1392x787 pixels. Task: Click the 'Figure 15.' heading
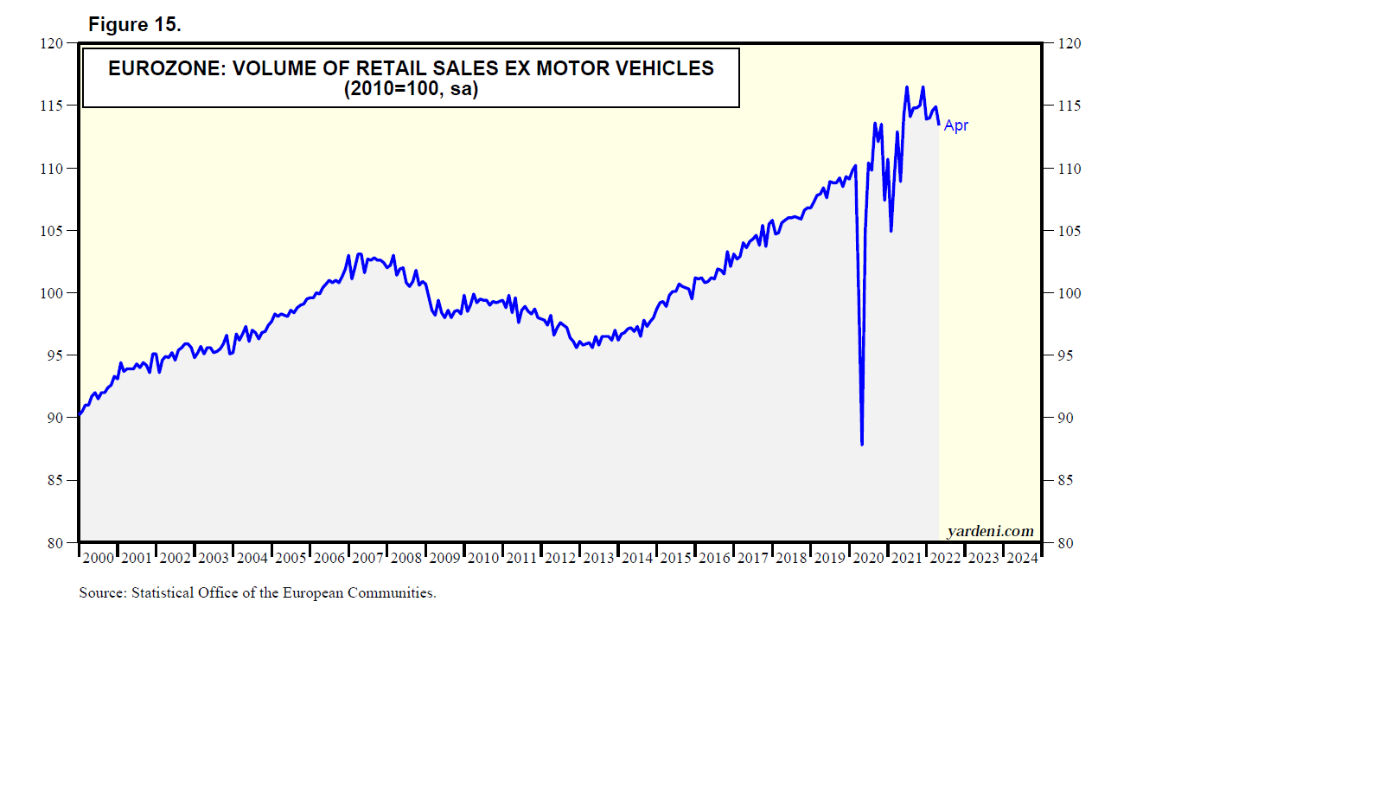[134, 25]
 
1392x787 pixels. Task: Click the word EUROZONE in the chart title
[164, 68]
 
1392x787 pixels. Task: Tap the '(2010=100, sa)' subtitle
[411, 89]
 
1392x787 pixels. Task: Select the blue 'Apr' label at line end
[956, 125]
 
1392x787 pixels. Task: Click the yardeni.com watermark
[990, 531]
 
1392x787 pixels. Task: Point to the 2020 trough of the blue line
[862, 443]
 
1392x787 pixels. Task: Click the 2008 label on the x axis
[406, 558]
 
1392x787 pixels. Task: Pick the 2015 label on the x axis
[676, 558]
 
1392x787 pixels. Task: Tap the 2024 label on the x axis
[1023, 558]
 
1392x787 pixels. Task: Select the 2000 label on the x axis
[98, 558]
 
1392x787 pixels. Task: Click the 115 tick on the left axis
[52, 106]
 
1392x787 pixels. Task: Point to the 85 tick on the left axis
[55, 480]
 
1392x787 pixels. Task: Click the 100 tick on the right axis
[1070, 293]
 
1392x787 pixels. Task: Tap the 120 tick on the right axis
[1070, 44]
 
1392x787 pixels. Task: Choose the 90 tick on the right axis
[1066, 418]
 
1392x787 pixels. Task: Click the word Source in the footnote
[101, 593]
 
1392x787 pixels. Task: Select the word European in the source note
[313, 593]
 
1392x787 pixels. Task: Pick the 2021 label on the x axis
[907, 558]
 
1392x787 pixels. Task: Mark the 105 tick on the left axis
[52, 231]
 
